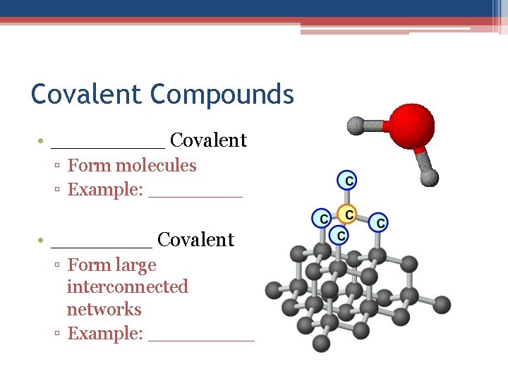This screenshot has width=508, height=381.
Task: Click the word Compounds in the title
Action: coord(222,95)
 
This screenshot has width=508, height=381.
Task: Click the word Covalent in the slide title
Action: coord(87,94)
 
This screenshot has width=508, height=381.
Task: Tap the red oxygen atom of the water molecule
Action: coord(412,126)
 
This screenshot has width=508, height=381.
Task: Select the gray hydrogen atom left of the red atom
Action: coord(356,126)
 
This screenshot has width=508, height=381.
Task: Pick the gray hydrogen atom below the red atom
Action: coord(430,178)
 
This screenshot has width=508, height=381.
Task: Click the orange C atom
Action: coord(346,213)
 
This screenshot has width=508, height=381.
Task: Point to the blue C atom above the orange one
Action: coord(346,180)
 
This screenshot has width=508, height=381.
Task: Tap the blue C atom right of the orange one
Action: coord(379,223)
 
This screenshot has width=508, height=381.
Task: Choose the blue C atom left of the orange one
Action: coord(321,218)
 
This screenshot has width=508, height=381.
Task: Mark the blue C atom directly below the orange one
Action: coord(341,235)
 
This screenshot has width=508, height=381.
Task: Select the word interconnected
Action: coord(128,287)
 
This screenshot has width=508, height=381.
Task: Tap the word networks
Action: coord(104,310)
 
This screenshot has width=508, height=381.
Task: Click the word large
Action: coord(137,265)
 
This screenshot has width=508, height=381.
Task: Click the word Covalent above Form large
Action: coord(195,240)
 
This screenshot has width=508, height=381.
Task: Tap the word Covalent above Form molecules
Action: coord(209,140)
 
